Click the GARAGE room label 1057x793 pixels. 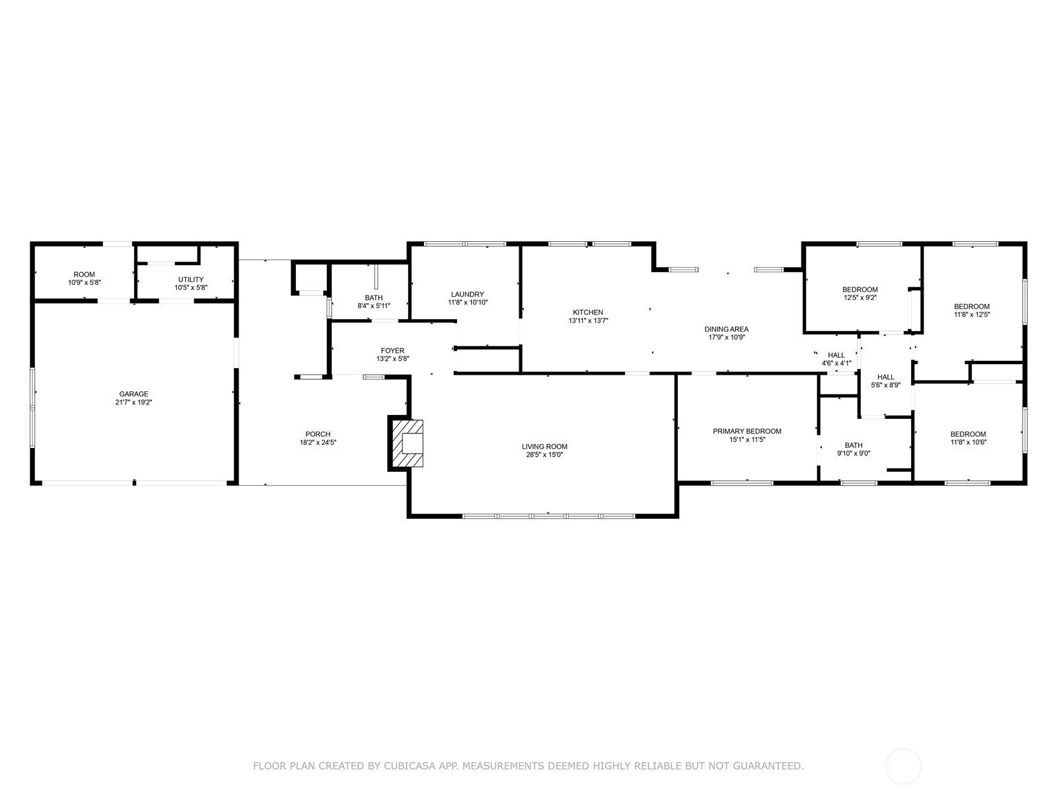[134, 394]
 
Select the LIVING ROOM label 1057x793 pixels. [544, 447]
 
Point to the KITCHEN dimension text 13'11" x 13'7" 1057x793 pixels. [588, 321]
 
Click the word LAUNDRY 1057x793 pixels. [468, 294]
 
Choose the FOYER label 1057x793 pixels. [392, 350]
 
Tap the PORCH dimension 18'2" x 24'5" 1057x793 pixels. [318, 443]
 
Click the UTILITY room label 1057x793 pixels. [191, 280]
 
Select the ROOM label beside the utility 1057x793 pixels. [85, 274]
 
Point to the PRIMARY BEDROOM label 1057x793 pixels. [747, 432]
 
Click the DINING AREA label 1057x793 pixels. [726, 329]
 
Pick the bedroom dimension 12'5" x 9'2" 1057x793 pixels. [860, 297]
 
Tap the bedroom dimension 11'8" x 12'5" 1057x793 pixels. [972, 315]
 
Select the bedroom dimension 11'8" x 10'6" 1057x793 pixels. [968, 442]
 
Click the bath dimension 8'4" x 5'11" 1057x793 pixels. [374, 306]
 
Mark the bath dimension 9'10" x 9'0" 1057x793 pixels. [854, 453]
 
